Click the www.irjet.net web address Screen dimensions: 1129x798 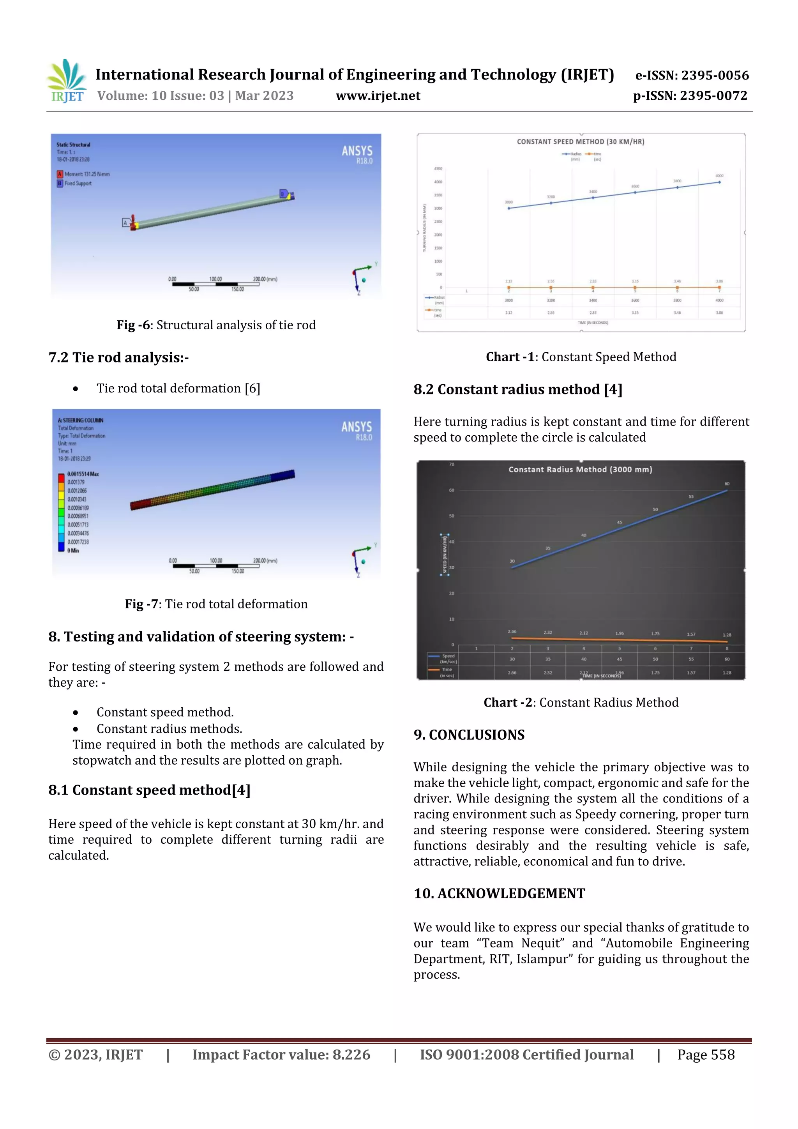point(378,96)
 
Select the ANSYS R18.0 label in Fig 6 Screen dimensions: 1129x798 point(357,154)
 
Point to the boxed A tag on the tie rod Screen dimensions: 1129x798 point(125,223)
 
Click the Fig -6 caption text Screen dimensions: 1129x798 point(216,325)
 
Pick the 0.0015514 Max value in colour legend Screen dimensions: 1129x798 point(83,474)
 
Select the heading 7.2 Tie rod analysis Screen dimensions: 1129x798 point(118,357)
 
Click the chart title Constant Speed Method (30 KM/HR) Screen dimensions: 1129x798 point(580,141)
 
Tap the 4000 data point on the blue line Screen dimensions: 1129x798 point(719,182)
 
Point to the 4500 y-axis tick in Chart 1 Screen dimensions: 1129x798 point(438,169)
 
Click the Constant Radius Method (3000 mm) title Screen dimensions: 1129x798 point(580,470)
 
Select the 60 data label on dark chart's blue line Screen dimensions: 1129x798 point(727,484)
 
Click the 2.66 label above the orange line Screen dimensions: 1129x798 point(512,631)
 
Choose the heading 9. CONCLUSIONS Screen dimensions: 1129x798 point(469,735)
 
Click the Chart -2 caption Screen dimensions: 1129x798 point(581,702)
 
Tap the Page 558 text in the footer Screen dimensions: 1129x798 point(706,1054)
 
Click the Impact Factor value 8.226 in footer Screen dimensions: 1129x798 point(281,1054)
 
